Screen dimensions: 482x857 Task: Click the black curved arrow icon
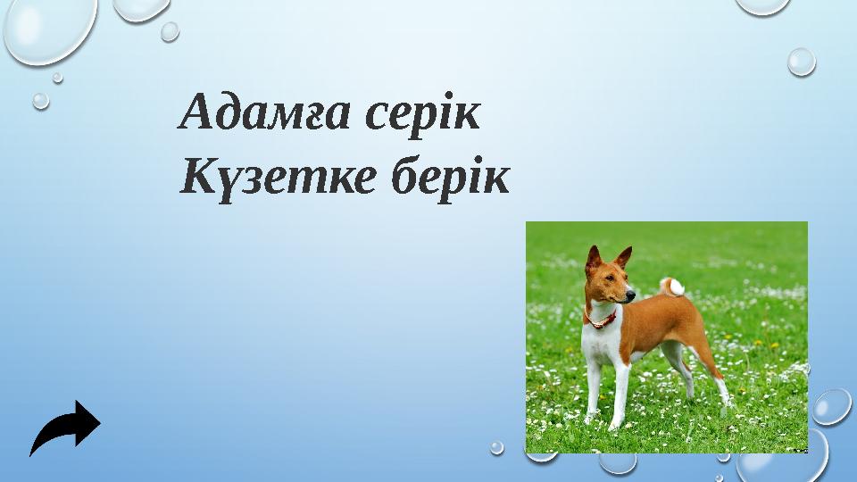65,428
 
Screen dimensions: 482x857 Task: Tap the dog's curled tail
672,286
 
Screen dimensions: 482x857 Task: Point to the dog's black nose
632,294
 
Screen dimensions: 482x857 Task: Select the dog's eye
612,280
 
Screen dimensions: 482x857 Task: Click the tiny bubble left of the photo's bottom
497,446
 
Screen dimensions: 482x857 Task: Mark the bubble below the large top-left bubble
40,101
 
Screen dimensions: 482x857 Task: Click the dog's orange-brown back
661,317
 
